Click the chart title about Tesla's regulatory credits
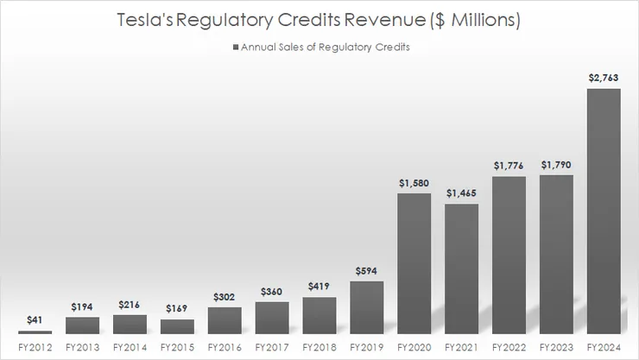coord(319,20)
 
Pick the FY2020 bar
coord(414,263)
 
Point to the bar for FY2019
coord(366,307)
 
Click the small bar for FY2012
coord(35,332)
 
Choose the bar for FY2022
coord(509,256)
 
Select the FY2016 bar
coord(225,320)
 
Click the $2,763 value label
coord(604,79)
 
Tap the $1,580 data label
coord(414,184)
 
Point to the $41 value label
coord(35,320)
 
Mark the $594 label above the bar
coord(366,272)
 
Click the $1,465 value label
coord(461,194)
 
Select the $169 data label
coord(177,307)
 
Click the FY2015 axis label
coord(177,348)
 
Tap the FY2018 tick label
coord(319,348)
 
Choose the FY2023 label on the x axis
coord(556,348)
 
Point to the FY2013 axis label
coord(82,348)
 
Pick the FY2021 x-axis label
coord(461,348)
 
